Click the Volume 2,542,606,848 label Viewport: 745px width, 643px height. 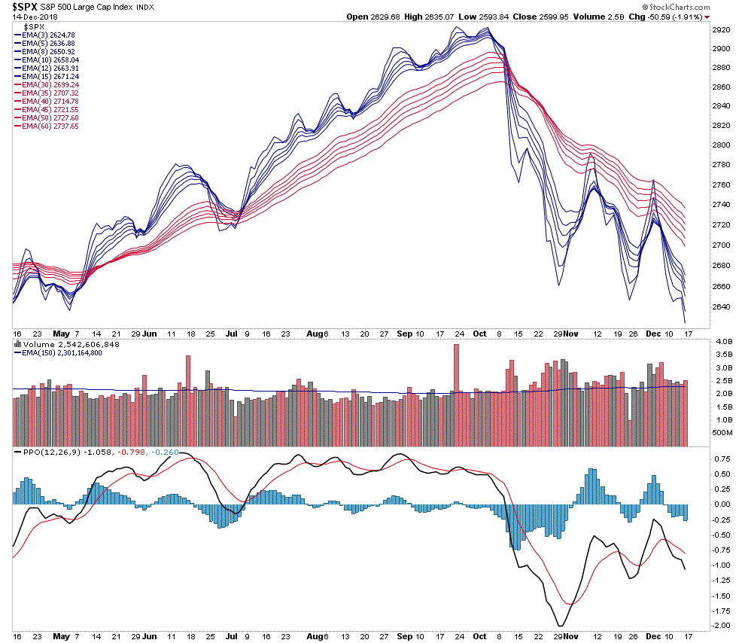point(62,344)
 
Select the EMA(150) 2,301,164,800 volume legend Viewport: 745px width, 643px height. point(62,353)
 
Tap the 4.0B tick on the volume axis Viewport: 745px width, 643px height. point(723,342)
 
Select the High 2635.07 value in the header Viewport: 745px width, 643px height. point(449,17)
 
